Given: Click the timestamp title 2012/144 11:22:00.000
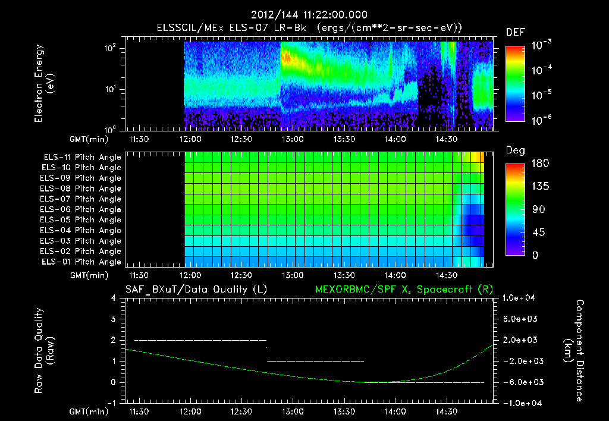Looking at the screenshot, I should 309,15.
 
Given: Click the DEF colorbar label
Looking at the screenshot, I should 515,33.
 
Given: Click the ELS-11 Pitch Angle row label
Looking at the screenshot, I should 82,158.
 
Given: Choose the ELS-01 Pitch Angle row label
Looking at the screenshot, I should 82,262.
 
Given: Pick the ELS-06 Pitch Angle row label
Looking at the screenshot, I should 82,209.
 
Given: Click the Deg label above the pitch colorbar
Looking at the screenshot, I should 515,151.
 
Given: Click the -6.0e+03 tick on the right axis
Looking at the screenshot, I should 521,382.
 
